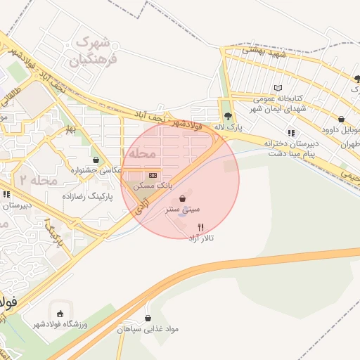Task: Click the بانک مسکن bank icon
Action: [x=153, y=175]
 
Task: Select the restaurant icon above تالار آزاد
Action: [x=201, y=227]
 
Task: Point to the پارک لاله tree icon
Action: [x=227, y=116]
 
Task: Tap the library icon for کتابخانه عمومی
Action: [x=278, y=88]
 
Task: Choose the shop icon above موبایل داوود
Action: [x=341, y=119]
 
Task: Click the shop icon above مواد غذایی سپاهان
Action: [x=148, y=317]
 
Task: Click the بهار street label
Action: [x=70, y=130]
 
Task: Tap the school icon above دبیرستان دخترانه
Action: [x=290, y=132]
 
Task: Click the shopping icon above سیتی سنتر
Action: [x=183, y=198]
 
